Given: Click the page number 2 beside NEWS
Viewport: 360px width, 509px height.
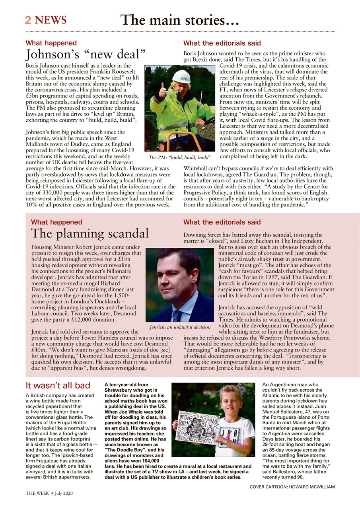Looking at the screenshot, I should click(28, 20).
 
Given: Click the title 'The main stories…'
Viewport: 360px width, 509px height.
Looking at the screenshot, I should click(179, 20).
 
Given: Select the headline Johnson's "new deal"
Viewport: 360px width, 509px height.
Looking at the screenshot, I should click(86, 54).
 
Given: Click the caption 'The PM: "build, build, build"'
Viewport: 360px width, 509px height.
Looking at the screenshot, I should click(179, 157).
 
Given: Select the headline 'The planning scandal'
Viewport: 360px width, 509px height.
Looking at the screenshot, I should click(90, 233).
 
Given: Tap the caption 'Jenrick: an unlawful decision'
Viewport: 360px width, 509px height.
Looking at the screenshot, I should click(180, 327).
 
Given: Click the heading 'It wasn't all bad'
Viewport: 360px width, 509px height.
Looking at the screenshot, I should click(58, 385).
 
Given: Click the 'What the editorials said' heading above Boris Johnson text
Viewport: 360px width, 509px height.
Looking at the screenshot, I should click(222, 43).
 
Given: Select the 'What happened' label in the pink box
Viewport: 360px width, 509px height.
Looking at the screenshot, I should click(56, 222).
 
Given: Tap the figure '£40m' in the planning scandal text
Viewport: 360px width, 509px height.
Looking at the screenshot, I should click(38, 350).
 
